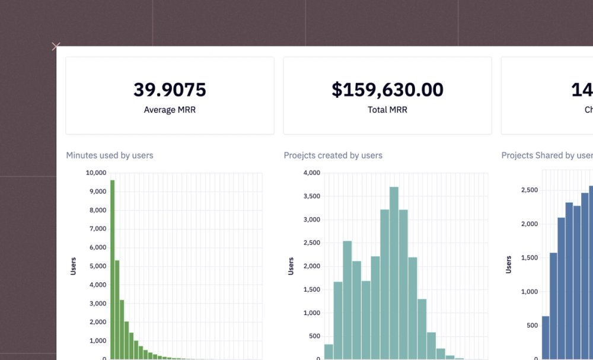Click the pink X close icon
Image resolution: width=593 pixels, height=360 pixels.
pos(56,46)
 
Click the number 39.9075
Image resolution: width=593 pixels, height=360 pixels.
pos(170,90)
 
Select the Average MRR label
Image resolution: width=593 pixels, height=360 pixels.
pos(170,110)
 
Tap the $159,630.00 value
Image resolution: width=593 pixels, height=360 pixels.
pos(387,90)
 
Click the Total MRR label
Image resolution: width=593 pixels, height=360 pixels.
pos(387,110)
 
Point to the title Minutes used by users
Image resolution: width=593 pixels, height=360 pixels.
pos(110,155)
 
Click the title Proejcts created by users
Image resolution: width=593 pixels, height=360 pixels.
pos(333,155)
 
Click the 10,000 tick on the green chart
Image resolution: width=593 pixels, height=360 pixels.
pos(96,173)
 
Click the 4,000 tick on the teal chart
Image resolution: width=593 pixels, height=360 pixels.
pos(311,173)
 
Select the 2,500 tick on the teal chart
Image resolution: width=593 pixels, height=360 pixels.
pos(311,243)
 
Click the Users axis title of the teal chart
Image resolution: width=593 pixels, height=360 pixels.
pos(291,266)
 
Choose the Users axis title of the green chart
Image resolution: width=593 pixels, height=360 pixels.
pos(74,266)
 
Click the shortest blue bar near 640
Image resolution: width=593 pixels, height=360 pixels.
pos(546,337)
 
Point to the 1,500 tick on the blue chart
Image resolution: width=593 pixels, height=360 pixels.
pos(529,257)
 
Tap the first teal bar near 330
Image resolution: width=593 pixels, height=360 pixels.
pos(329,351)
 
